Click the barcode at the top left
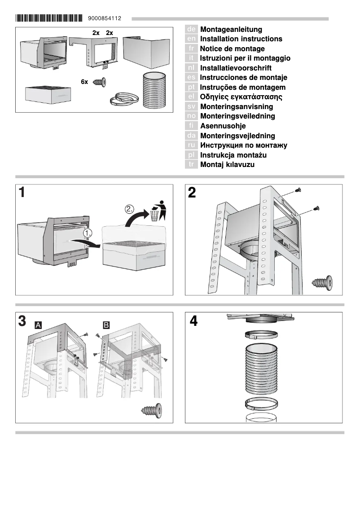point(49,18)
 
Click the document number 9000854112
point(105,19)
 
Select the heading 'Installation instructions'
point(241,39)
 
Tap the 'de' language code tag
point(191,29)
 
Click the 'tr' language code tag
point(191,165)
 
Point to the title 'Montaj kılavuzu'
point(227,165)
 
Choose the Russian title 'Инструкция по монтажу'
point(243,145)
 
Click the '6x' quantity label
point(84,82)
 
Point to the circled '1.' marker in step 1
point(88,233)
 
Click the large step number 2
point(192,193)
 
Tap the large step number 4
point(193,321)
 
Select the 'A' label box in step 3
point(39,324)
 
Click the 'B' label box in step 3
point(106,324)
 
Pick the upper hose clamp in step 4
point(261,335)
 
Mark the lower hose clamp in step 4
point(261,404)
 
